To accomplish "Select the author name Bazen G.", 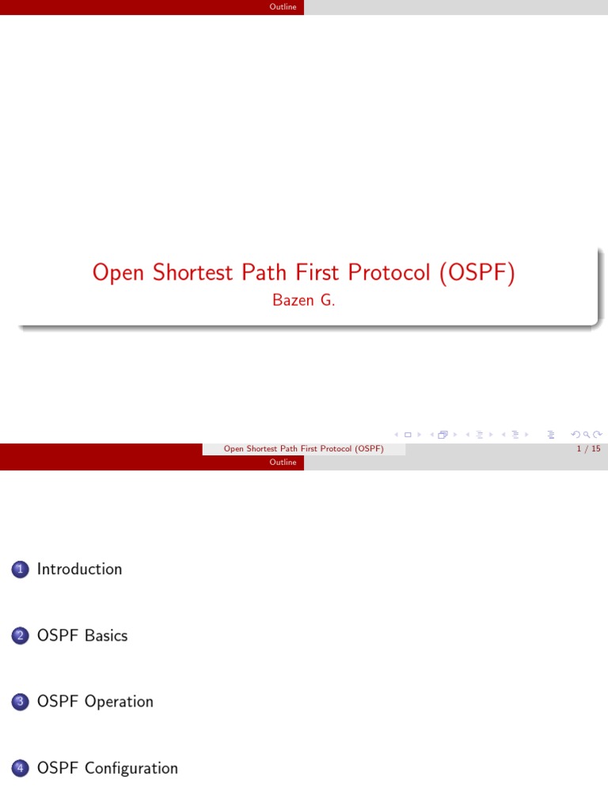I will click(x=303, y=301).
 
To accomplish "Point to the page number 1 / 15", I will click(x=589, y=449).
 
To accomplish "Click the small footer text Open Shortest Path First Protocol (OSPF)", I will click(x=303, y=449).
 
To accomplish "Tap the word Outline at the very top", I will click(x=283, y=7).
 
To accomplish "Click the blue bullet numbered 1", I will click(x=21, y=569).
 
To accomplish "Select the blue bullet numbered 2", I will click(x=21, y=636).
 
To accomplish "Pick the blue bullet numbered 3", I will click(x=21, y=702).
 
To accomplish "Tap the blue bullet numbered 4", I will click(x=21, y=768).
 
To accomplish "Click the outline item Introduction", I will click(x=79, y=569).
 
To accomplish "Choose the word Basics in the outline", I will click(x=106, y=636).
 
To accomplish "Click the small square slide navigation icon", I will click(x=408, y=434).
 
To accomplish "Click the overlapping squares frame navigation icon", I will click(x=442, y=434).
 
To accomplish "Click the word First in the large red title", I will click(x=305, y=272).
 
